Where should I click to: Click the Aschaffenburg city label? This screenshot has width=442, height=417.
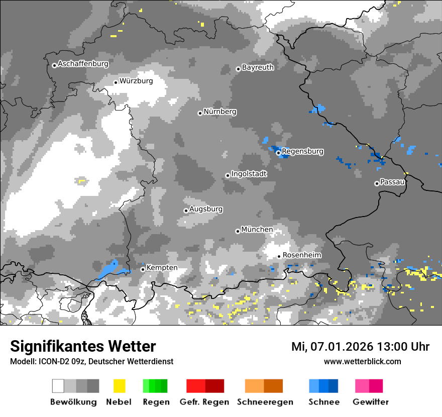pyautogui.click(x=83, y=64)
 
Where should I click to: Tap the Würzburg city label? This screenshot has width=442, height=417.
pyautogui.click(x=136, y=81)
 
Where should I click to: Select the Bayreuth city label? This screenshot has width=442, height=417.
pyautogui.click(x=258, y=67)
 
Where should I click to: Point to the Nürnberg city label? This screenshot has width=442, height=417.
pyautogui.click(x=220, y=112)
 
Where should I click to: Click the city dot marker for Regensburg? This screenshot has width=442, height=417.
pyautogui.click(x=278, y=152)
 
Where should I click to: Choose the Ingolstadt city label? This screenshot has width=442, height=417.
pyautogui.click(x=249, y=174)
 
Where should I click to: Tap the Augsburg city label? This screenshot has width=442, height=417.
pyautogui.click(x=206, y=209)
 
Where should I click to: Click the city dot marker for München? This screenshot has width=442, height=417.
pyautogui.click(x=238, y=231)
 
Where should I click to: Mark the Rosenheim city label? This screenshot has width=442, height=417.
pyautogui.click(x=301, y=255)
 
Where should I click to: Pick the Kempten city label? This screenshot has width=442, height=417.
pyautogui.click(x=162, y=268)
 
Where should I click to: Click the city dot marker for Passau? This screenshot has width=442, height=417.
pyautogui.click(x=377, y=183)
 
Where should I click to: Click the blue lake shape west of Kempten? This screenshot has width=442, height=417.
pyautogui.click(x=112, y=270)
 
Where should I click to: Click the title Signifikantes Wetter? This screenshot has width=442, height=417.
pyautogui.click(x=83, y=346)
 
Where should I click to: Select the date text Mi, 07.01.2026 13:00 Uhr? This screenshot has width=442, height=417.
pyautogui.click(x=360, y=347)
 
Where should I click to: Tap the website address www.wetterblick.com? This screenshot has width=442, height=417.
pyautogui.click(x=362, y=362)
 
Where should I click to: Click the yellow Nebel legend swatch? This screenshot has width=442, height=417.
pyautogui.click(x=119, y=386)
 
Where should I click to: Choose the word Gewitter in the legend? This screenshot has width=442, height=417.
pyautogui.click(x=370, y=402)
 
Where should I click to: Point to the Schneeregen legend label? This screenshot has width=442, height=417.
pyautogui.click(x=264, y=402)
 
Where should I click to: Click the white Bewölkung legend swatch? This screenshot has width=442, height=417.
pyautogui.click(x=58, y=386)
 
